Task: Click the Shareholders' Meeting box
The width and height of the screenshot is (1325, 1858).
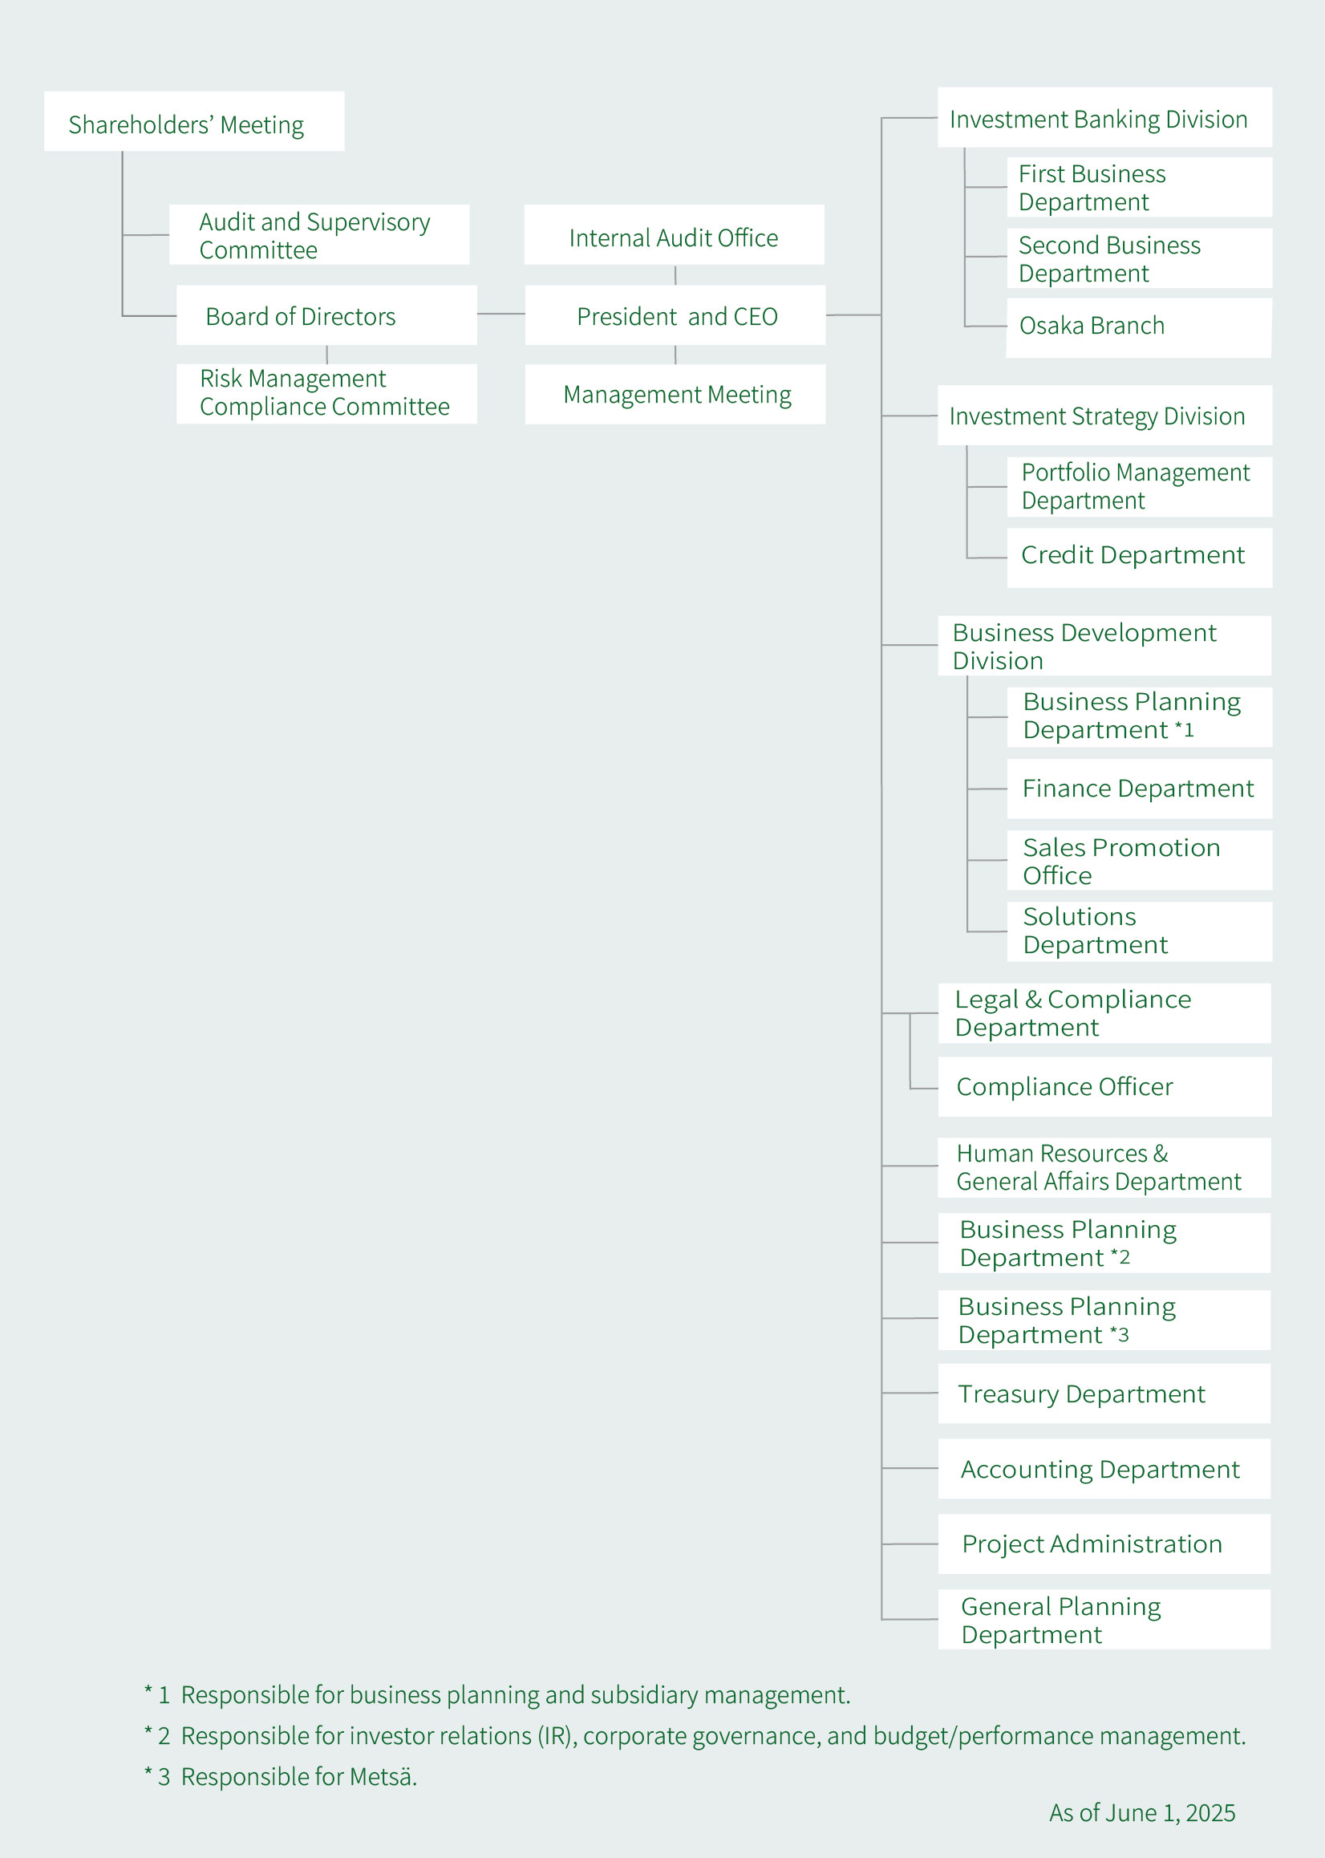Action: point(194,121)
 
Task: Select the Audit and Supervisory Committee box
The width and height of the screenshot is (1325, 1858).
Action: point(319,234)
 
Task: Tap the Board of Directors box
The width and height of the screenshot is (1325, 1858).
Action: point(326,315)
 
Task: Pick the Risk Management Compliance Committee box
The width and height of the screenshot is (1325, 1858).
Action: point(326,393)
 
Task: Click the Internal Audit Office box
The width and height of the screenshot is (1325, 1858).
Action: point(674,234)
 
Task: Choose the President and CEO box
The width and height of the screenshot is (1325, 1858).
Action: point(675,315)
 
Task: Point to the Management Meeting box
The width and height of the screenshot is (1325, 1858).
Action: point(675,394)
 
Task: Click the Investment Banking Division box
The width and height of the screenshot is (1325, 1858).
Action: point(1104,117)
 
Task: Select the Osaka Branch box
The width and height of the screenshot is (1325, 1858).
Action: point(1139,327)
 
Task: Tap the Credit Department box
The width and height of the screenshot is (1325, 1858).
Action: point(1140,558)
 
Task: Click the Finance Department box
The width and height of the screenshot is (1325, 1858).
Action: point(1140,789)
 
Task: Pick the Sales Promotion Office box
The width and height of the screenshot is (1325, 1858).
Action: point(1140,860)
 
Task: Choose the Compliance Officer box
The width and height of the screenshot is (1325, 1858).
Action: point(1104,1087)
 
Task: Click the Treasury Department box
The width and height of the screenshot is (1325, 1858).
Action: point(1104,1393)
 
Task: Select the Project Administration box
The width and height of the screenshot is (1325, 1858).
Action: point(1104,1544)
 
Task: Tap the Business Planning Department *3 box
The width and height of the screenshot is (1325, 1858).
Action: point(1104,1320)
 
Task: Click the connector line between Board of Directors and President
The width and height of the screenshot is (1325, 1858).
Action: point(501,314)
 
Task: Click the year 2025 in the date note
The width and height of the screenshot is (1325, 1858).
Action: point(1210,1813)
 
